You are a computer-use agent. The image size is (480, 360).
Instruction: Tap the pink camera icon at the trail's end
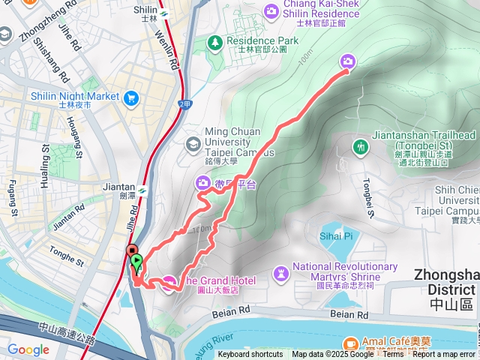[x=348, y=61]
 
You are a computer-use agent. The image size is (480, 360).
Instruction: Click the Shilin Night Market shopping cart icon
[x=132, y=97]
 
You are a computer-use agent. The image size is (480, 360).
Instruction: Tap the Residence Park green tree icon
[x=214, y=42]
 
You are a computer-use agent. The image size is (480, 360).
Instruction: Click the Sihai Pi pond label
[x=337, y=235]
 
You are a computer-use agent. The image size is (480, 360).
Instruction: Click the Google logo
[x=28, y=349]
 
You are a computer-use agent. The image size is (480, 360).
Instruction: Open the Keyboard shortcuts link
[x=250, y=355]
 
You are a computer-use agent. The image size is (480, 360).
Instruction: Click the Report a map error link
[x=444, y=355]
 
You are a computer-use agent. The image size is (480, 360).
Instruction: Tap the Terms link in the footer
[x=392, y=355]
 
